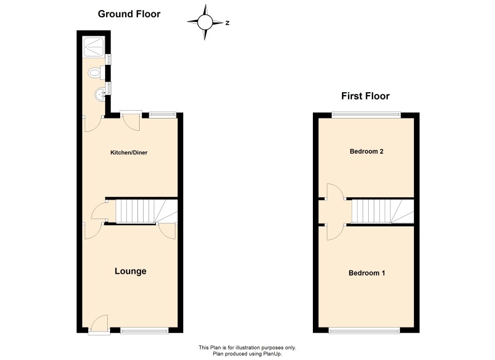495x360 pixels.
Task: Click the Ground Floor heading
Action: coord(129,14)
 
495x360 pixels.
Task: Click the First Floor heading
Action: coord(365,96)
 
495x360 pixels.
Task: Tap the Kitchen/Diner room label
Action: coord(129,153)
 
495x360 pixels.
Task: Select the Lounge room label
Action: coord(130,271)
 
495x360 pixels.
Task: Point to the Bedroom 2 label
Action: coord(366,151)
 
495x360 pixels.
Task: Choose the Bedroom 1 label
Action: coord(367,273)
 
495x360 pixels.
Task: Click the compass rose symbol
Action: coord(205,22)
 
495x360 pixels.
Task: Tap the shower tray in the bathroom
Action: coord(94,47)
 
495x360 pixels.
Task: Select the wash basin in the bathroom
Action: coord(101,94)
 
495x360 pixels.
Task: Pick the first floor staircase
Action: coord(383,211)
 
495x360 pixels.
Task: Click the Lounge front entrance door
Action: coord(99,323)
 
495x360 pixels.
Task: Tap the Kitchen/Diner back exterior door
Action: coord(131,121)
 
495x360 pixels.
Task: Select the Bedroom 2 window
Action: coord(366,115)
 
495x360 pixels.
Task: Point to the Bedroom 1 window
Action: coord(364,330)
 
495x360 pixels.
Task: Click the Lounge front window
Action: coord(144,330)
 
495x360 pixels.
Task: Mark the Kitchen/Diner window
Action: coord(162,115)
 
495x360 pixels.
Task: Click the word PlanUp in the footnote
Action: coord(273,354)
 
